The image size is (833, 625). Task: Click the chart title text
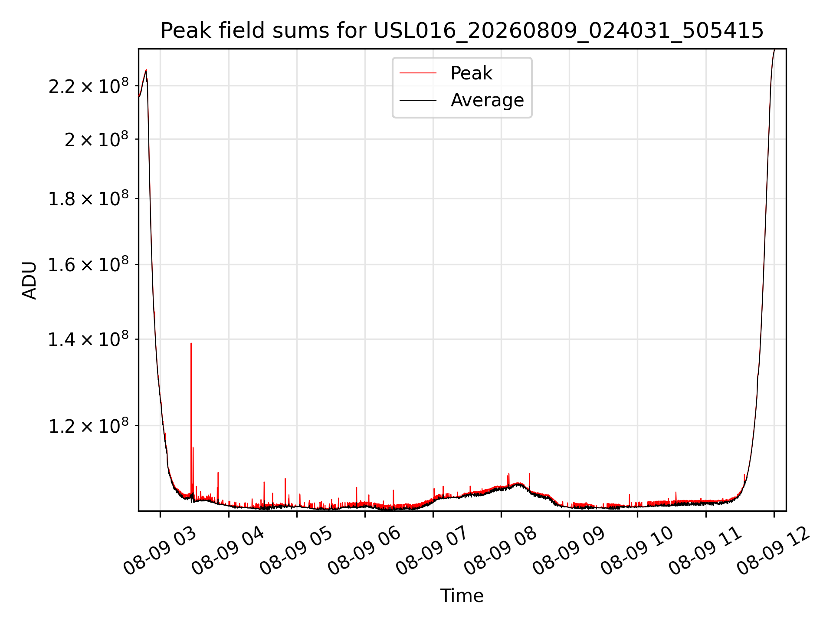point(462,31)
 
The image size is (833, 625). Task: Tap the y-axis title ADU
point(30,280)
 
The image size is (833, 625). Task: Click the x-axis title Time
point(462,595)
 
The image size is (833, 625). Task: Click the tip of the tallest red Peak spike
point(191,343)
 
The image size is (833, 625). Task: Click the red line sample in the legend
point(418,73)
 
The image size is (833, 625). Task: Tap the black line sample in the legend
point(418,100)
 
